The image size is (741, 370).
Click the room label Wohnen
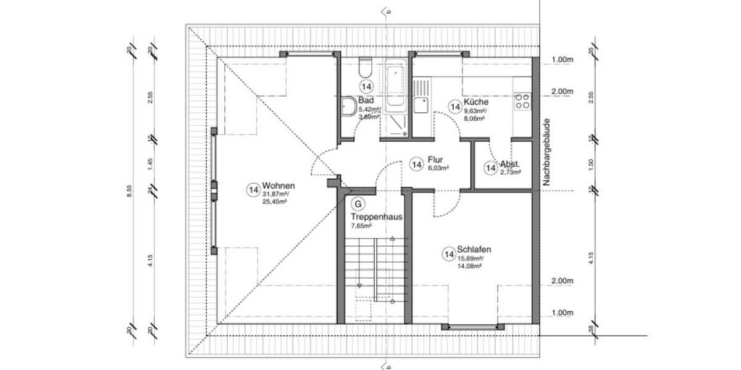[x=278, y=186]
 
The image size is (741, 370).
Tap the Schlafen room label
[x=474, y=249]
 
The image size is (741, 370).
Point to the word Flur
[x=435, y=159]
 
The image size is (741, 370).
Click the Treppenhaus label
[x=377, y=217]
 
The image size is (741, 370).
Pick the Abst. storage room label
[x=511, y=165]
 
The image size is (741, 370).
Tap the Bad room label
[x=366, y=100]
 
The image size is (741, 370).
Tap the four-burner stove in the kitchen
[x=522, y=101]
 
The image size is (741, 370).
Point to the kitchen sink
[x=422, y=105]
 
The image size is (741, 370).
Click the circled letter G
[x=357, y=203]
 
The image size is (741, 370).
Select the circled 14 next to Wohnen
[x=253, y=190]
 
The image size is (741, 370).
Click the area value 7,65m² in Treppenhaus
[x=361, y=226]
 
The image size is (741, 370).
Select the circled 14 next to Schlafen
[x=449, y=253]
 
